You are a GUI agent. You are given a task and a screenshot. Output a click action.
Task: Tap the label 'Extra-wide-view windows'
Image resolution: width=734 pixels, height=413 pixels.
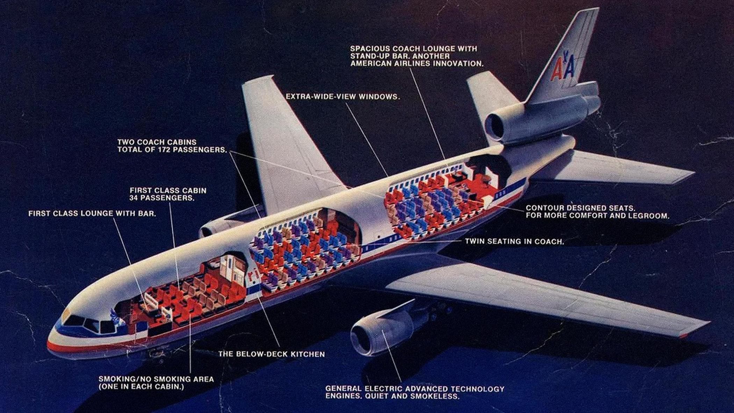[x=343, y=96]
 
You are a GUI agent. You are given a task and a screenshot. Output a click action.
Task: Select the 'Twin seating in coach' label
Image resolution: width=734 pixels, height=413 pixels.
[x=514, y=241]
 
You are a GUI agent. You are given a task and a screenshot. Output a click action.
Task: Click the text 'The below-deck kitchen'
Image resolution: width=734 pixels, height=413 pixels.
[x=272, y=354]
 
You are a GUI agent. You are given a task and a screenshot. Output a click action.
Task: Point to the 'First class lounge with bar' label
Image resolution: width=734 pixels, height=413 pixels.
[x=92, y=213]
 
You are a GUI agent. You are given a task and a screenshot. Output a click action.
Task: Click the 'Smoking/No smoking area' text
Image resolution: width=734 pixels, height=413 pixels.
[x=156, y=379]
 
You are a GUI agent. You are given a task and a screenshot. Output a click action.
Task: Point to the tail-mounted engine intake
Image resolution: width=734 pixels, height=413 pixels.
[x=494, y=125]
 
